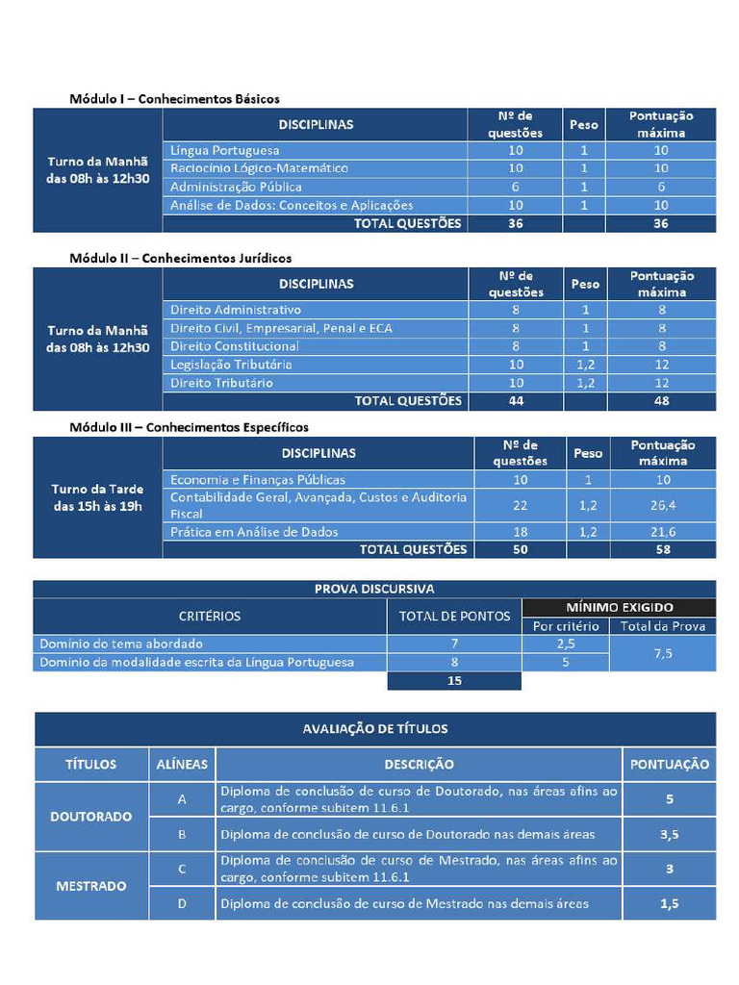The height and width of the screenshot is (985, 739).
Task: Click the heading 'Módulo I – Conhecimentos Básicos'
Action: pyautogui.click(x=174, y=98)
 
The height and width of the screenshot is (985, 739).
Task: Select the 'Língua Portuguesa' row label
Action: pyautogui.click(x=225, y=151)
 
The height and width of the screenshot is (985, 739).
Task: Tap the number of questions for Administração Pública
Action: pyautogui.click(x=515, y=187)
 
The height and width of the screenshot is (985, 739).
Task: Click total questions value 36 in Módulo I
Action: pyautogui.click(x=515, y=223)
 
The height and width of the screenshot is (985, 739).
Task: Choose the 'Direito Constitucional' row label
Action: pyautogui.click(x=235, y=346)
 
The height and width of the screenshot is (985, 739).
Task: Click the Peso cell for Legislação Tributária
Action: pyautogui.click(x=584, y=365)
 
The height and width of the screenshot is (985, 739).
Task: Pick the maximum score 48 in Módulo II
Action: pyautogui.click(x=661, y=401)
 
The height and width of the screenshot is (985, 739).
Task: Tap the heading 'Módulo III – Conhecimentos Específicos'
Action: pyautogui.click(x=189, y=426)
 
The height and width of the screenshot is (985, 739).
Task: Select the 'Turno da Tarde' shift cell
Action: pyautogui.click(x=97, y=497)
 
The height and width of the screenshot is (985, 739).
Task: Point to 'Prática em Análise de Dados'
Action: pyautogui.click(x=254, y=532)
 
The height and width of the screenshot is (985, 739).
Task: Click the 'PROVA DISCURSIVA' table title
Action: pyautogui.click(x=374, y=589)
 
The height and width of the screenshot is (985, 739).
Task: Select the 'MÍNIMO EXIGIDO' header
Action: pyautogui.click(x=619, y=607)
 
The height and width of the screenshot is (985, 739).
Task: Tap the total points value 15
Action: pyautogui.click(x=454, y=681)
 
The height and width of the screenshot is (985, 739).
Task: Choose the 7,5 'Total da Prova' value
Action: pyautogui.click(x=662, y=653)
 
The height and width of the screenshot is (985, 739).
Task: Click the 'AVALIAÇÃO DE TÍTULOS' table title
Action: pyautogui.click(x=374, y=729)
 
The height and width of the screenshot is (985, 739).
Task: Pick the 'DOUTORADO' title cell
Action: pyautogui.click(x=91, y=817)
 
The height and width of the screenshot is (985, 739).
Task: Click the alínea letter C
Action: pyautogui.click(x=182, y=869)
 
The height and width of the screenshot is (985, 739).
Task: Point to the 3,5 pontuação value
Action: pyautogui.click(x=669, y=834)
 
